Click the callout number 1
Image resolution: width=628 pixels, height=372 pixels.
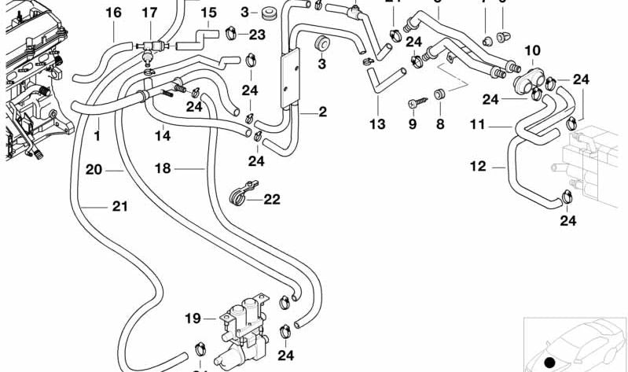97,135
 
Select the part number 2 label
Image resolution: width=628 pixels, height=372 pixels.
322,112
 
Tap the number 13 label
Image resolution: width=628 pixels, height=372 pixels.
377,124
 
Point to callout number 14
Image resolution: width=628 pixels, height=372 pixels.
162,135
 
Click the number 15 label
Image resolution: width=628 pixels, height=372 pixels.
207,13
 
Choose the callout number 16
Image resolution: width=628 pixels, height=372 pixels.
113,13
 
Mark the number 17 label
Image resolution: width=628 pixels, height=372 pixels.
149,13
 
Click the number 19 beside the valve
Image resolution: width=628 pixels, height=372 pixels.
193,319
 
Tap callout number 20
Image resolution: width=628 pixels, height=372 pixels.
94,168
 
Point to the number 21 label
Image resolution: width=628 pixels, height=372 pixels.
119,207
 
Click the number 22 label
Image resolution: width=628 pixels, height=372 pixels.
271,200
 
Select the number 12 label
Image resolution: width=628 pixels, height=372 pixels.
478,166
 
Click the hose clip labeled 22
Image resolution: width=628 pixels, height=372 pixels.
239,194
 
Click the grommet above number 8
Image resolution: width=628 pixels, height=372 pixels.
440,95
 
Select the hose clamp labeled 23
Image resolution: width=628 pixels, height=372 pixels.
232,33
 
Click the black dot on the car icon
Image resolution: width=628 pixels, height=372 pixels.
549,363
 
